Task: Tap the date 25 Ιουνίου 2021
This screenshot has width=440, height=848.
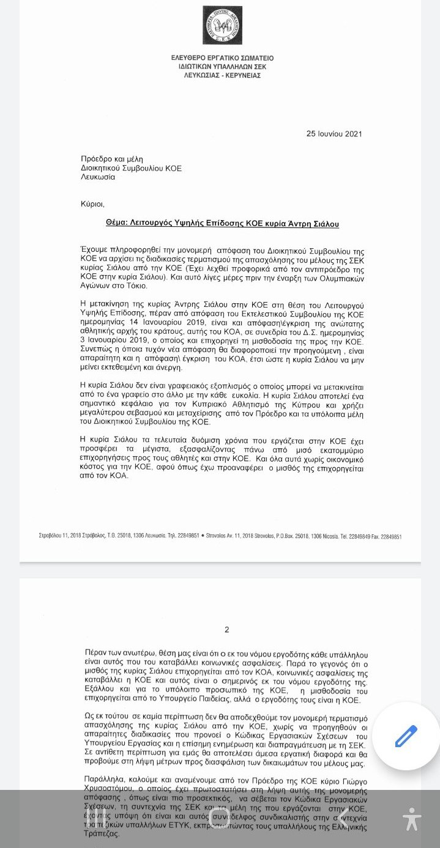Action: pyautogui.click(x=338, y=134)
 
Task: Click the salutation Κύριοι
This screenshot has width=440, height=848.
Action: pyautogui.click(x=92, y=204)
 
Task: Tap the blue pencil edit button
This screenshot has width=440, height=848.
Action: pyautogui.click(x=406, y=736)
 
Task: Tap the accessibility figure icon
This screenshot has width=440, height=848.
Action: pyautogui.click(x=412, y=819)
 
